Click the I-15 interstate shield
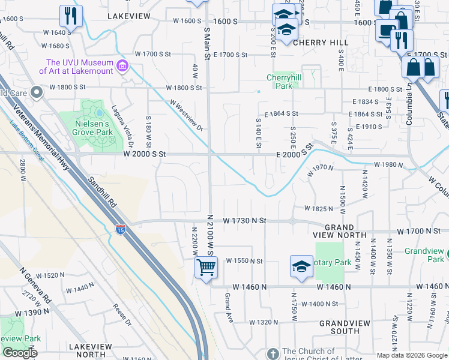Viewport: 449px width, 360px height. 120,228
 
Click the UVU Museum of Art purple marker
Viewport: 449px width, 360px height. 122,66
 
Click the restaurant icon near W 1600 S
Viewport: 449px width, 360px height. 71,16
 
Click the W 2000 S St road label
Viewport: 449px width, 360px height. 143,154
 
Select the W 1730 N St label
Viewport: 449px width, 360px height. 244,221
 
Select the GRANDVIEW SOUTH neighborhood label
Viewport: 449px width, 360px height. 348,327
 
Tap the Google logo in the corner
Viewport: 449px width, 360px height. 20,353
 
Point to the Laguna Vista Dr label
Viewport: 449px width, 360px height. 121,126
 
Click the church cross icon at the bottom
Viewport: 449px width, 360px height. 273,353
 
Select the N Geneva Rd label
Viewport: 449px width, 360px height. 35,284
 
